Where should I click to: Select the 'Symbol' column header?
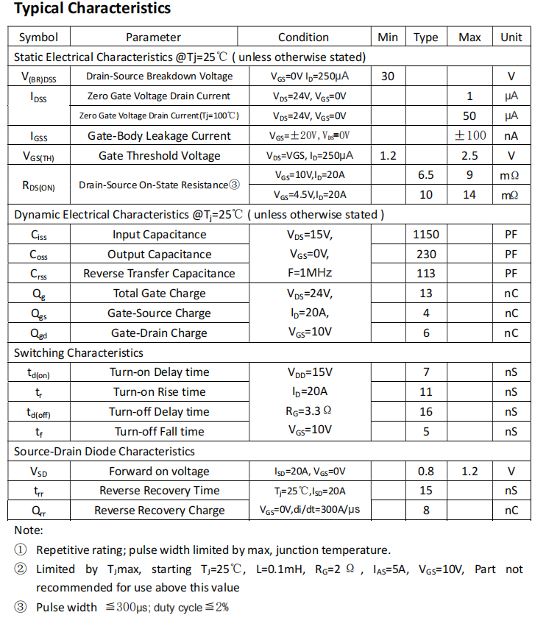pyautogui.click(x=38, y=38)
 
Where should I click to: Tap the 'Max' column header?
pyautogui.click(x=469, y=38)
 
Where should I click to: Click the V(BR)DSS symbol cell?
pyautogui.click(x=38, y=77)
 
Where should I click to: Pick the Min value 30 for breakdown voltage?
pyautogui.click(x=388, y=77)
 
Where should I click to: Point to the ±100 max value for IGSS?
pyautogui.click(x=469, y=135)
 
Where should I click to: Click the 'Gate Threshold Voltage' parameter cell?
pyautogui.click(x=159, y=155)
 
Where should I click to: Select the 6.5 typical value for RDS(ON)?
pyautogui.click(x=426, y=175)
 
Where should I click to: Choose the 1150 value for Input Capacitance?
pyautogui.click(x=426, y=235)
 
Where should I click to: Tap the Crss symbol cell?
pyautogui.click(x=38, y=274)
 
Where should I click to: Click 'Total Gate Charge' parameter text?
pyautogui.click(x=159, y=294)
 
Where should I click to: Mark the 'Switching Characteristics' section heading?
pyautogui.click(x=79, y=353)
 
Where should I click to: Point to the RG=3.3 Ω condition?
pyautogui.click(x=308, y=411)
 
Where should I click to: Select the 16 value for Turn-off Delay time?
pyautogui.click(x=426, y=411)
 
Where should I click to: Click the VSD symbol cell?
pyautogui.click(x=38, y=472)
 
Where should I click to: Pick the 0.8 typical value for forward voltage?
pyautogui.click(x=426, y=472)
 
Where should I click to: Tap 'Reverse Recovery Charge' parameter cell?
pyautogui.click(x=159, y=511)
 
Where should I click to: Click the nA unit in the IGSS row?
pyautogui.click(x=511, y=135)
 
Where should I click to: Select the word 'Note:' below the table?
pyautogui.click(x=29, y=530)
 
